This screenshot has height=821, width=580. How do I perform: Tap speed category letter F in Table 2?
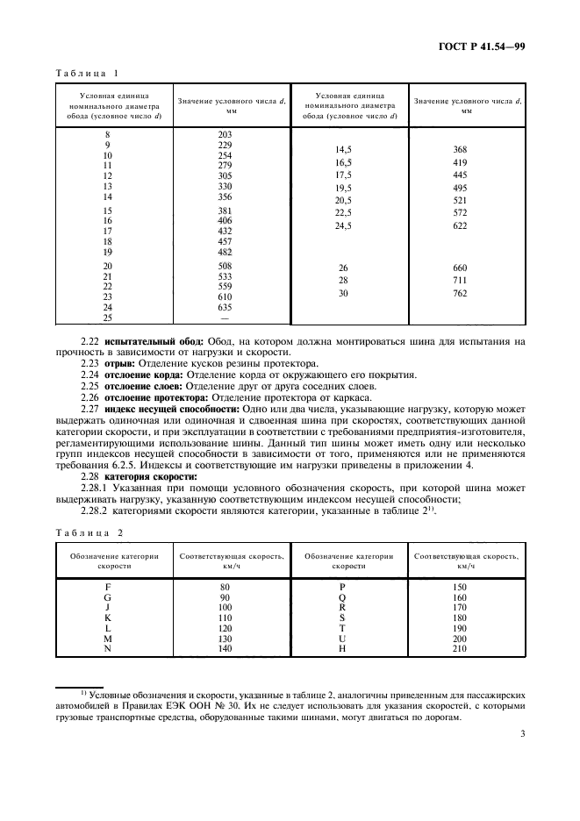pyautogui.click(x=107, y=585)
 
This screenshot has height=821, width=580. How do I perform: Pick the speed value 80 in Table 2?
pyautogui.click(x=225, y=585)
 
